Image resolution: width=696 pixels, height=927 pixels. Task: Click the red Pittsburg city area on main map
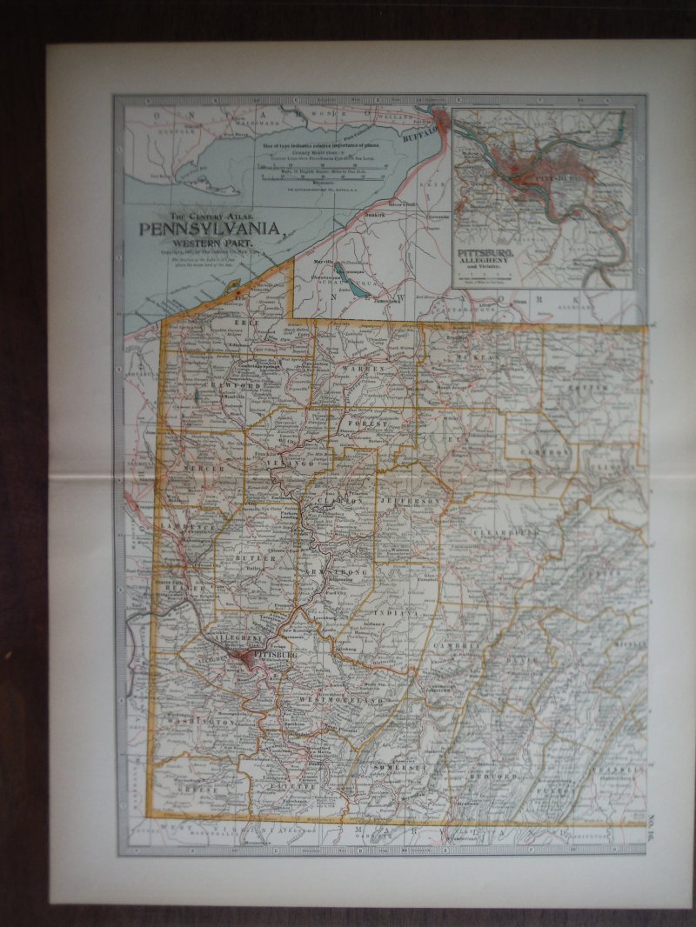coord(247,655)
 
